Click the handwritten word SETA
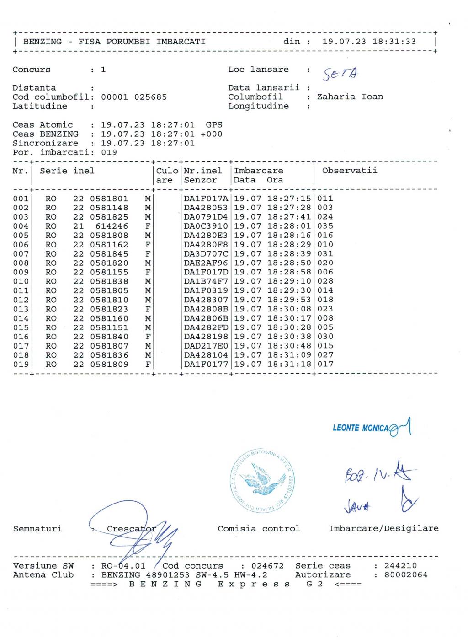tap(341, 73)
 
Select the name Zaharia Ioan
tap(350, 97)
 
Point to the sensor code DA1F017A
tap(206, 199)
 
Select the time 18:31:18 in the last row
tap(289, 365)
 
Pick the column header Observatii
tap(350, 171)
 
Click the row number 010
tap(21, 281)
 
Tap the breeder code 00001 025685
tap(134, 97)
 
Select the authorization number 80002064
tap(406, 575)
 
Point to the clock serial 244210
tap(400, 566)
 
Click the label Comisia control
tap(259, 529)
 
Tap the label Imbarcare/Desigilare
tap(383, 529)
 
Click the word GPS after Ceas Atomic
tap(214, 125)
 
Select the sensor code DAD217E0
tap(206, 346)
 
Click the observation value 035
tap(325, 226)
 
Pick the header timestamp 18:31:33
tap(394, 42)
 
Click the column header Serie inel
tap(67, 171)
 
